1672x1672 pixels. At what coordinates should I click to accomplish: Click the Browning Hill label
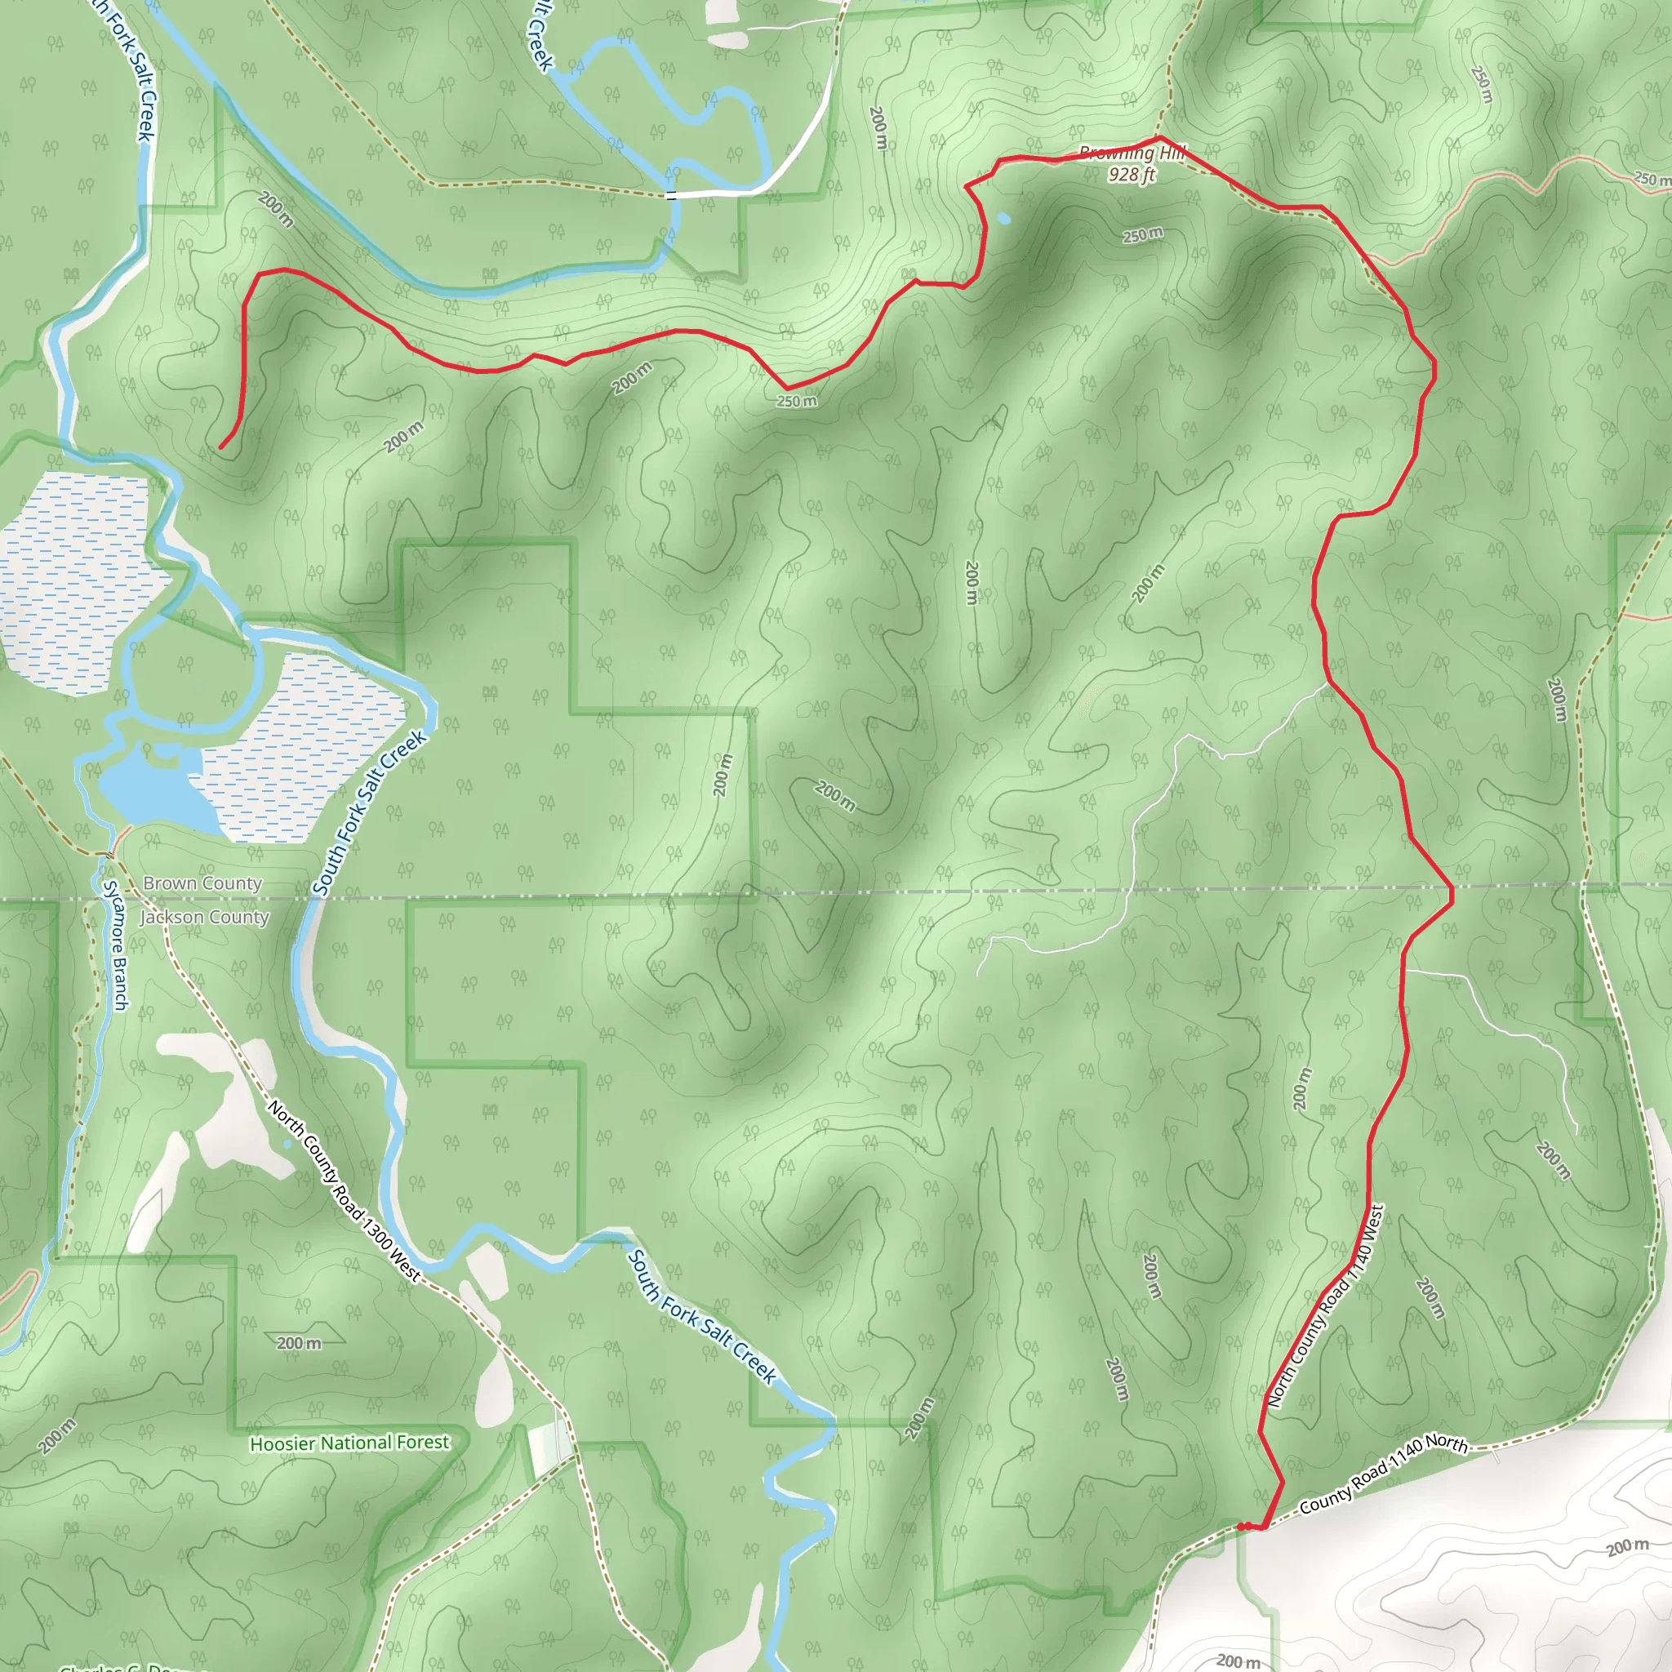click(1132, 154)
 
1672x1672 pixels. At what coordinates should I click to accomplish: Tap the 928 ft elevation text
click(1132, 175)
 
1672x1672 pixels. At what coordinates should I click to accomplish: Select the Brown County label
click(202, 883)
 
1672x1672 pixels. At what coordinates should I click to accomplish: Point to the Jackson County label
click(205, 918)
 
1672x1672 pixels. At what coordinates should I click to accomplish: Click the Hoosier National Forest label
click(349, 1443)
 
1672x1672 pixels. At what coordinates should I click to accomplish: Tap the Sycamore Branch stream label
click(115, 945)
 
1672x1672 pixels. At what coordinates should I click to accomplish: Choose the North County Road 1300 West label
click(345, 1192)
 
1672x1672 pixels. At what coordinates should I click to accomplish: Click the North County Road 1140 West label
click(1325, 1307)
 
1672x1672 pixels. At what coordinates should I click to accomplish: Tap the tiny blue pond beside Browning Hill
click(1004, 219)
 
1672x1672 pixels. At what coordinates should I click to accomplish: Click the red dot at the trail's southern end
click(1241, 1527)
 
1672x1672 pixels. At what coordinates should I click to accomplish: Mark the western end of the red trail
click(221, 447)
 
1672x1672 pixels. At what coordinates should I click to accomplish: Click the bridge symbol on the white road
click(672, 196)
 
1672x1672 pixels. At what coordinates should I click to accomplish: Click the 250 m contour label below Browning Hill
click(1142, 235)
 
